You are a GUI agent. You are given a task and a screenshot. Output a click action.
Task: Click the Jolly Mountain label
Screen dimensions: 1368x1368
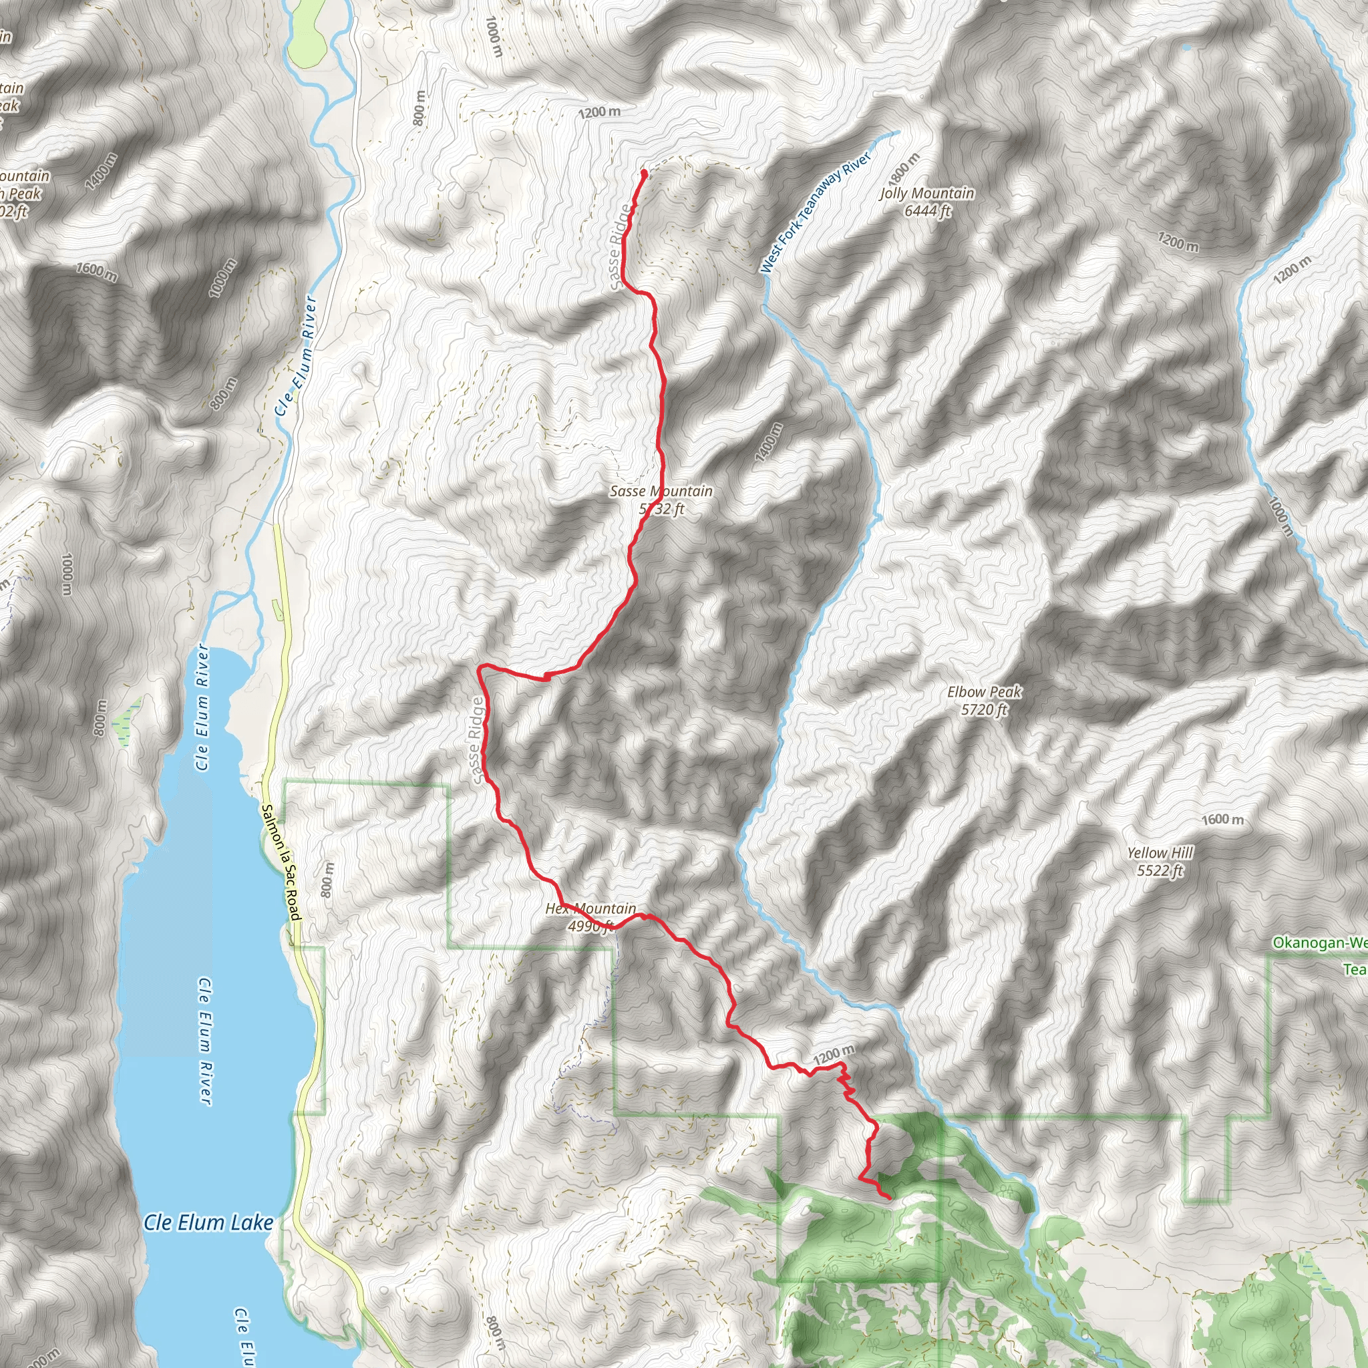click(x=927, y=193)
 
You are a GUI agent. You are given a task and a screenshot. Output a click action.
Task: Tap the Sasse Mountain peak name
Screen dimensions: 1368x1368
click(x=661, y=491)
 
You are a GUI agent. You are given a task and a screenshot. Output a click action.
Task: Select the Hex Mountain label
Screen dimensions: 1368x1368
click(x=590, y=908)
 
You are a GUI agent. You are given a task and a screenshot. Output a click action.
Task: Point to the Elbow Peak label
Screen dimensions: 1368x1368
click(x=984, y=692)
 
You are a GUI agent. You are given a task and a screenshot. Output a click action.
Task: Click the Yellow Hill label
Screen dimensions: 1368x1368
click(x=1160, y=853)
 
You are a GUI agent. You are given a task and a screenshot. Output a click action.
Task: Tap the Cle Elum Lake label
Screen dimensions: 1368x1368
click(x=208, y=1223)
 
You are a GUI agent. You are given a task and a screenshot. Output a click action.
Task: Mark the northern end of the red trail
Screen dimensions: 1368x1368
click(x=644, y=173)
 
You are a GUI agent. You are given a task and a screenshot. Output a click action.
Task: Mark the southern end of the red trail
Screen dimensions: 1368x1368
click(x=888, y=1196)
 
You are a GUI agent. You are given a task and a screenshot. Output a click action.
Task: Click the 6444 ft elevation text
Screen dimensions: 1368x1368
click(x=928, y=211)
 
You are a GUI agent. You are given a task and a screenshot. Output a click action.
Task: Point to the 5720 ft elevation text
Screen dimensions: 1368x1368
click(x=984, y=709)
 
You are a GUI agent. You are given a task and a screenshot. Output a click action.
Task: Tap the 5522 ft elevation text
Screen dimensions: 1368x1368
click(x=1160, y=871)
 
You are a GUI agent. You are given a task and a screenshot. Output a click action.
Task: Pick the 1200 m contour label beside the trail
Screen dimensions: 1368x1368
click(x=834, y=1055)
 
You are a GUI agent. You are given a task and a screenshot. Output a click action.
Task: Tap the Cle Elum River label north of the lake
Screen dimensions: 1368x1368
click(x=296, y=356)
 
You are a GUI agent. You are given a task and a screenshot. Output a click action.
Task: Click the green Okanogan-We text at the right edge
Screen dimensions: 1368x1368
click(x=1319, y=943)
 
